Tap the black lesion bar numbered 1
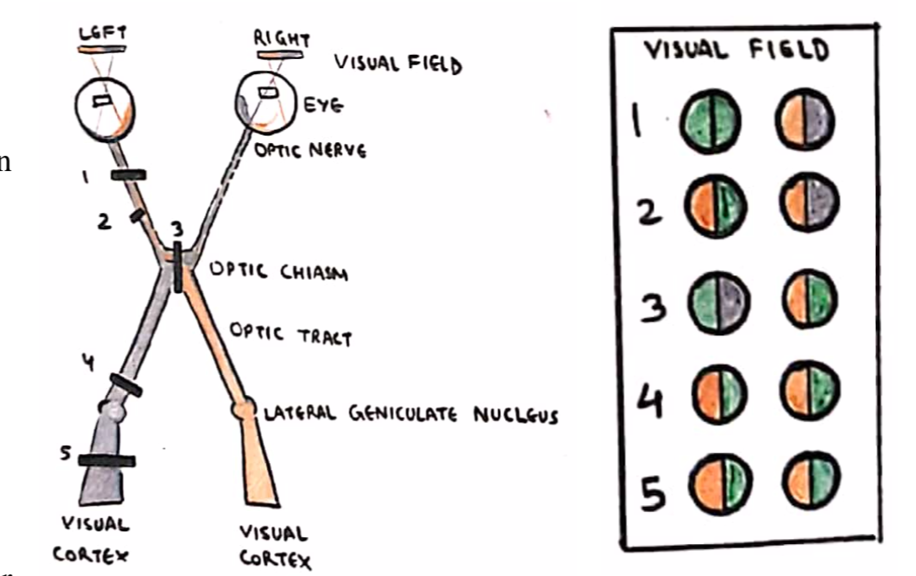pos(128,174)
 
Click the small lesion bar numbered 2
pos(136,217)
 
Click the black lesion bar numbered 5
pos(106,461)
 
